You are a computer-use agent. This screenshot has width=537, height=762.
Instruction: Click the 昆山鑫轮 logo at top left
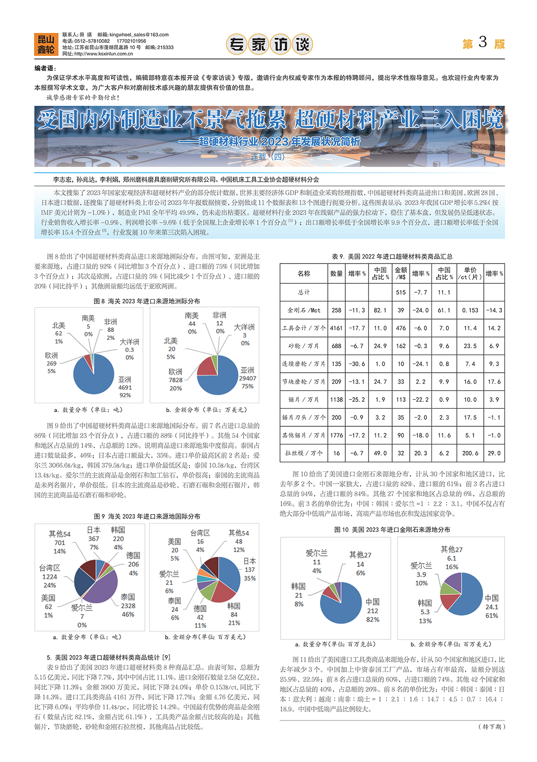pyautogui.click(x=45, y=44)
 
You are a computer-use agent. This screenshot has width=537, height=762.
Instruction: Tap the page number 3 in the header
pyautogui.click(x=483, y=43)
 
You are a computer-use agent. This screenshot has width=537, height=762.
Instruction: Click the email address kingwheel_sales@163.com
pyautogui.click(x=139, y=35)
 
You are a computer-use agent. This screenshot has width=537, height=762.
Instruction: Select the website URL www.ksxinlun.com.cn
pyautogui.click(x=103, y=54)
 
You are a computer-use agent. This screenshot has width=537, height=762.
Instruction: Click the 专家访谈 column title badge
pyautogui.click(x=269, y=44)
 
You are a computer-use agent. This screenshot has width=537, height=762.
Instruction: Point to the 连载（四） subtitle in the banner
pyautogui.click(x=268, y=157)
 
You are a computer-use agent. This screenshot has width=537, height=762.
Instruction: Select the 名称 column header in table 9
pyautogui.click(x=304, y=274)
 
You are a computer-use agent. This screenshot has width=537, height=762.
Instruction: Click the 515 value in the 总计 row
pyautogui.click(x=401, y=292)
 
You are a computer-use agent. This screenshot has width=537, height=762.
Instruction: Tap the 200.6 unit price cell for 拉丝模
pyautogui.click(x=470, y=453)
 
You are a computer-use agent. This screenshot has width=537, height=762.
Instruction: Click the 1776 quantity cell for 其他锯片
pyautogui.click(x=337, y=435)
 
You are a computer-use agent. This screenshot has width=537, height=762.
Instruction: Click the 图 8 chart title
pyautogui.click(x=147, y=301)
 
